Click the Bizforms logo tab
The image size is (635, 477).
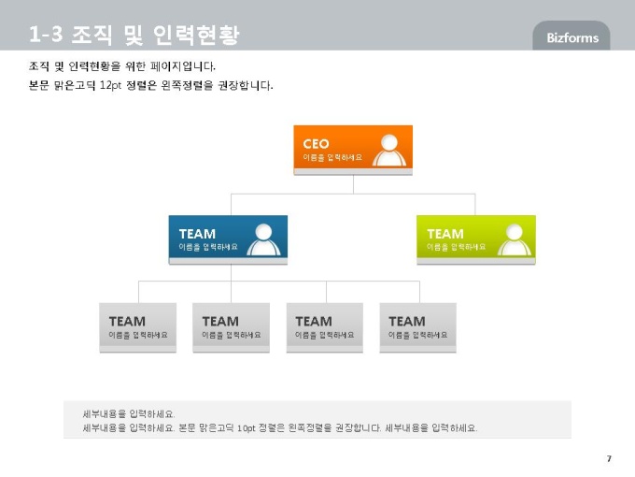click(x=571, y=36)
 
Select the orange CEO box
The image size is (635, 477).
click(x=353, y=150)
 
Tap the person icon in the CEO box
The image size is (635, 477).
click(x=389, y=150)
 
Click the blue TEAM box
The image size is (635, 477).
click(x=228, y=239)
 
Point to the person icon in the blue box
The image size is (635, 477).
click(x=263, y=239)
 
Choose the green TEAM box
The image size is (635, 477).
click(x=476, y=239)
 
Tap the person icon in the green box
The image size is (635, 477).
click(x=515, y=239)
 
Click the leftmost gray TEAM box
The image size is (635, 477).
click(x=137, y=327)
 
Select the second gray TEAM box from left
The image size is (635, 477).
click(x=231, y=327)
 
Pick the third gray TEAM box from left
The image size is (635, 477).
click(x=324, y=327)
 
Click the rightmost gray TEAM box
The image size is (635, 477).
click(x=418, y=327)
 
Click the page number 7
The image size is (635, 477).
click(x=609, y=458)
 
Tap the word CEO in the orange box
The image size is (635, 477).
click(x=316, y=144)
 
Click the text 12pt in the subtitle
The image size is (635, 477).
click(x=110, y=85)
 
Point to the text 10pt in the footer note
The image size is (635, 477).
click(x=247, y=428)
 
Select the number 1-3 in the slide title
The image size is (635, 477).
click(x=46, y=34)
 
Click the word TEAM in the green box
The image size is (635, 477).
click(x=445, y=234)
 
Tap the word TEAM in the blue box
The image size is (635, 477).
click(x=197, y=234)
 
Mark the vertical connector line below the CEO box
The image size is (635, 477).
click(x=353, y=184)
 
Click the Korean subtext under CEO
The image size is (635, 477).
click(x=332, y=157)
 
